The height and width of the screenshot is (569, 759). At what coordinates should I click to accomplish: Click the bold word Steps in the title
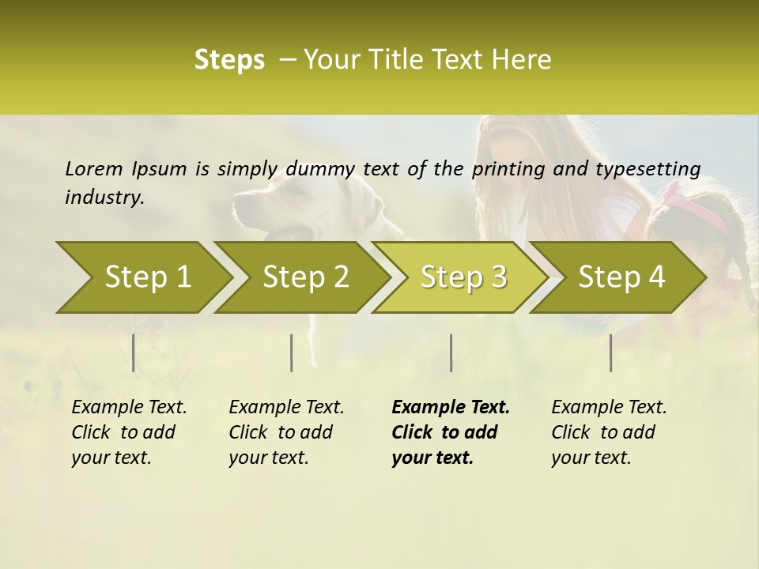pyautogui.click(x=229, y=60)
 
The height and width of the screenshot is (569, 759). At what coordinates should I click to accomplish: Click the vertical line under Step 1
pyautogui.click(x=133, y=352)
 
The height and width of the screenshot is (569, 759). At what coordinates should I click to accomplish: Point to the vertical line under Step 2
pyautogui.click(x=292, y=352)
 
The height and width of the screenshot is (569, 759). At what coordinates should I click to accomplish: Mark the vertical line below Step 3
pyautogui.click(x=451, y=352)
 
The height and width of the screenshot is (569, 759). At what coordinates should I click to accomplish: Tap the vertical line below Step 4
pyautogui.click(x=610, y=352)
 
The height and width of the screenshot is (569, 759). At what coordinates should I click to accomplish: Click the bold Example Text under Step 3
pyautogui.click(x=451, y=408)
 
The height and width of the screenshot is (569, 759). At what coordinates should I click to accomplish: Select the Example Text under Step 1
pyautogui.click(x=129, y=408)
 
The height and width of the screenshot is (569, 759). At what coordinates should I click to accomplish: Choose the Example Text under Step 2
pyautogui.click(x=286, y=408)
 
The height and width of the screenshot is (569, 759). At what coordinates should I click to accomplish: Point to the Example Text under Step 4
pyautogui.click(x=609, y=408)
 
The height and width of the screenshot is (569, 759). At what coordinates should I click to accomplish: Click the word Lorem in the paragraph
pyautogui.click(x=93, y=169)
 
